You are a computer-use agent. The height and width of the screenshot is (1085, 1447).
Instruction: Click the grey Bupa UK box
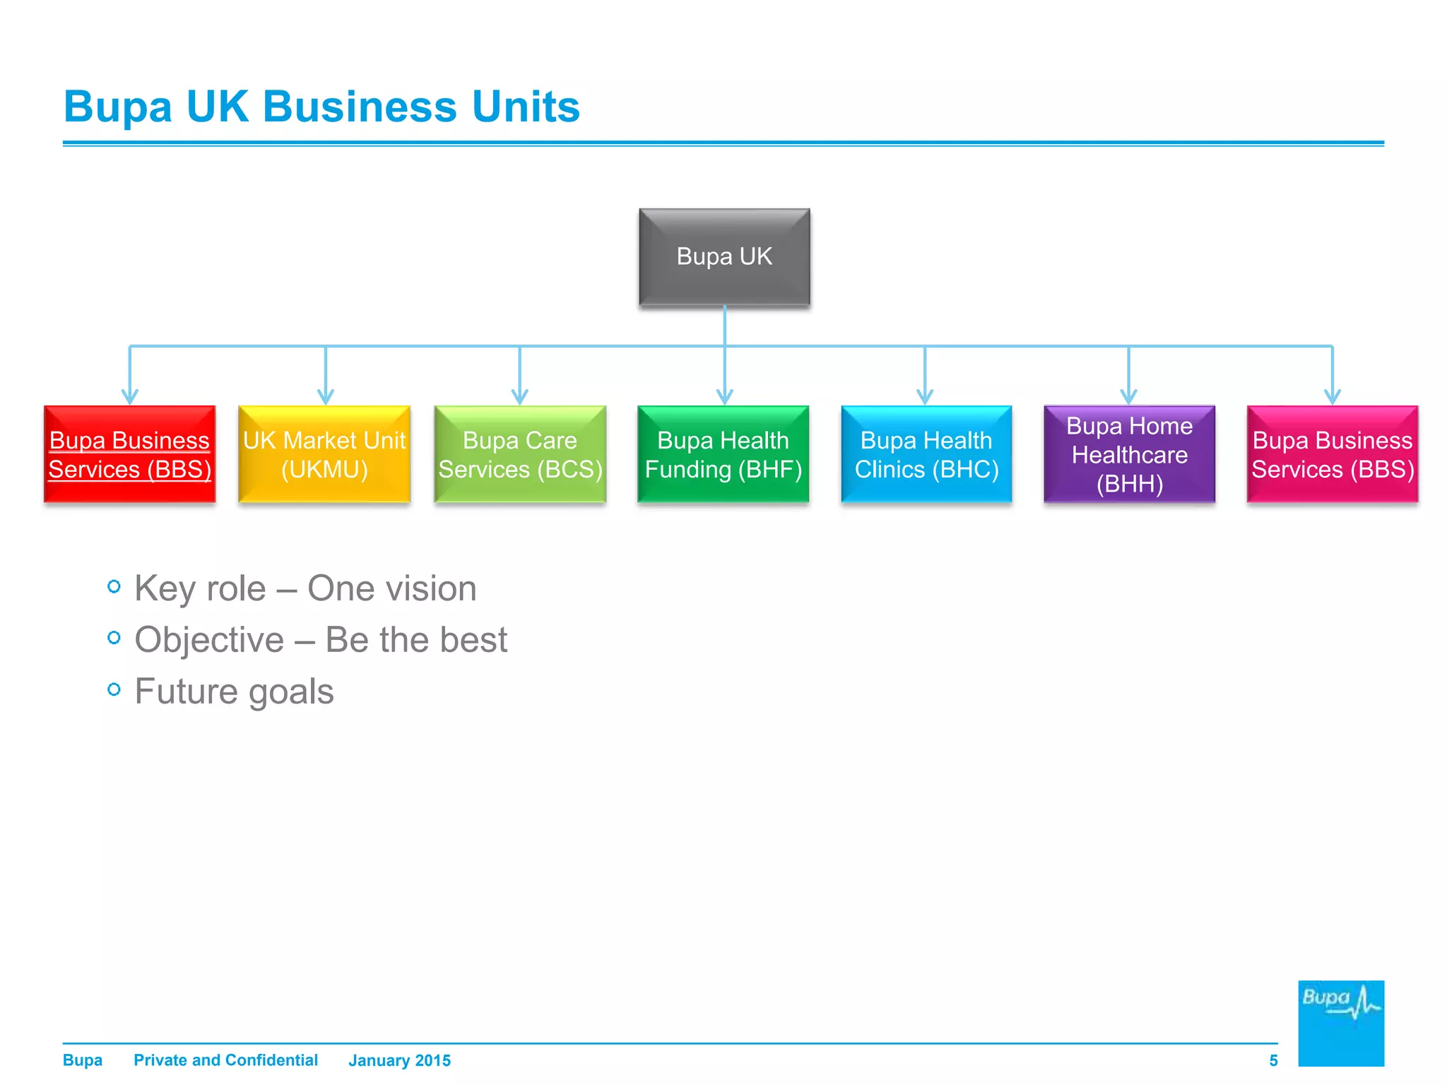[724, 256]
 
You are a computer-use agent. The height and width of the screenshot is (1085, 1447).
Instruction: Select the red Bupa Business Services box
[129, 454]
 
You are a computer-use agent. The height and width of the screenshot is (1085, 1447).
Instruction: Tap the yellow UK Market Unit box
[324, 454]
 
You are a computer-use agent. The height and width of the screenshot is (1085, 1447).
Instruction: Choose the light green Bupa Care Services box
[520, 454]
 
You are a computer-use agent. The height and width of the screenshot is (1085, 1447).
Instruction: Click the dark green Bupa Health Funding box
[723, 454]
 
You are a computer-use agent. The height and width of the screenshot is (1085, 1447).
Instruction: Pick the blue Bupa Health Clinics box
[926, 454]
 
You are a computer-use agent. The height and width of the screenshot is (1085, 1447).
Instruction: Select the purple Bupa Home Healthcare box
[1129, 454]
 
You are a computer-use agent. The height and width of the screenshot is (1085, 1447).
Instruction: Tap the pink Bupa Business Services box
[1333, 454]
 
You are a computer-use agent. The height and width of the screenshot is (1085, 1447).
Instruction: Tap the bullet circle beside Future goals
[114, 689]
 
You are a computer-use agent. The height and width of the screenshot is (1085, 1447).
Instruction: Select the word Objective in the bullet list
[209, 640]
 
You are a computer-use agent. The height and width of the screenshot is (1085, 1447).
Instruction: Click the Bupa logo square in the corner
[1340, 1023]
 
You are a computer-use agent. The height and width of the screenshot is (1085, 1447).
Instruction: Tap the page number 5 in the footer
[1273, 1060]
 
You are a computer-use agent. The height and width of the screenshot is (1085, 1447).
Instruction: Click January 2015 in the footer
[399, 1060]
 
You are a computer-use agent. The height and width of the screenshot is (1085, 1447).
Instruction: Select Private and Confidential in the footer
[225, 1060]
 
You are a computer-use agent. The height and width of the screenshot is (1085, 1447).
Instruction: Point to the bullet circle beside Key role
[114, 586]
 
